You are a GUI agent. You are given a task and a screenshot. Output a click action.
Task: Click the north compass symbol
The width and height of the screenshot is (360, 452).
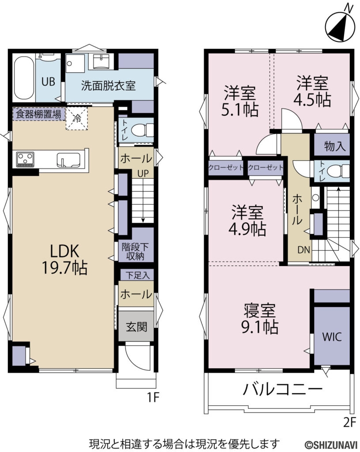(x=340, y=25)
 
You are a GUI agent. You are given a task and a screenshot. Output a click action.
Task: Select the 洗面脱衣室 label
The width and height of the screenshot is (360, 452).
(x=108, y=86)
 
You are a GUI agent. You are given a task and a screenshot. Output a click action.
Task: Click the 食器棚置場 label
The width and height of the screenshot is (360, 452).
(x=38, y=113)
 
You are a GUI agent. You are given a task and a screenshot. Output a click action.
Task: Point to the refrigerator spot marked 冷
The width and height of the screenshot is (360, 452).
(x=77, y=118)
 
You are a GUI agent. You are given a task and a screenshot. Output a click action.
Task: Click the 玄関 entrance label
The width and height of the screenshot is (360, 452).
(x=136, y=327)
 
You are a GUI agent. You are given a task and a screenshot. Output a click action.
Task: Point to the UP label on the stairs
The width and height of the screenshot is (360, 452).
(x=142, y=174)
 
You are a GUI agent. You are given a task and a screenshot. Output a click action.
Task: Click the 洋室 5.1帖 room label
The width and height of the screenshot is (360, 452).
(x=240, y=102)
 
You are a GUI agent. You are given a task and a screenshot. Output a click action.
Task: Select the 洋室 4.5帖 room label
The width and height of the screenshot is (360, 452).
(x=312, y=91)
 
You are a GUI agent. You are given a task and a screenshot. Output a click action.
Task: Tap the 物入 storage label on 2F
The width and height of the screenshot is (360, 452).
(x=335, y=146)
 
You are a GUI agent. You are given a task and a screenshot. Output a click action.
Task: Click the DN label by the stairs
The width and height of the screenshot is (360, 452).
(x=303, y=250)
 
